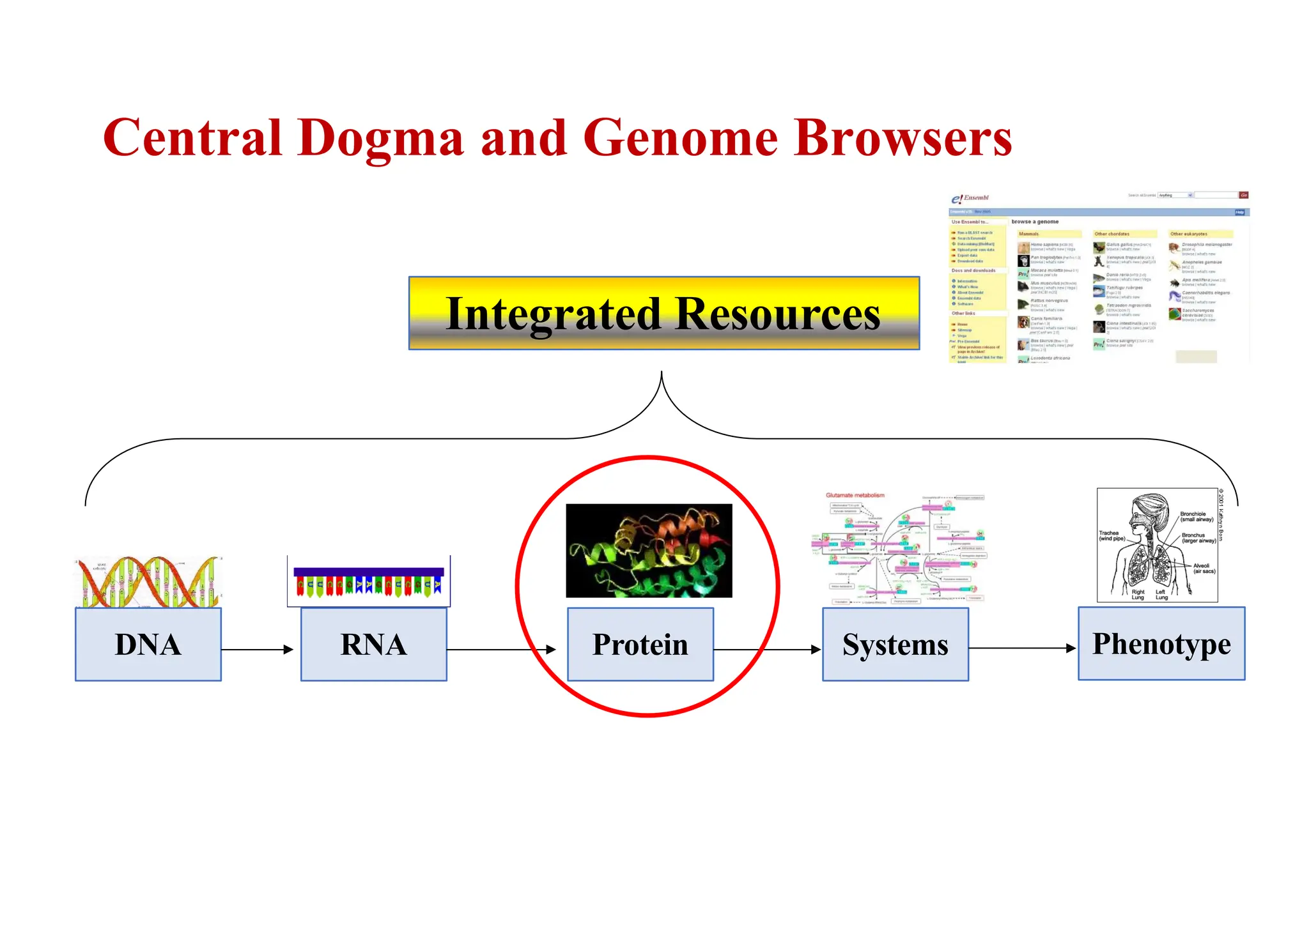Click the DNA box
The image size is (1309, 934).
(148, 644)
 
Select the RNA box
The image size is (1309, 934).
(373, 644)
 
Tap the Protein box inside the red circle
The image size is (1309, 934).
(640, 644)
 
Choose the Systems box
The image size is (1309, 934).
(895, 644)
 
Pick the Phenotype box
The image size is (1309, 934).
(1161, 643)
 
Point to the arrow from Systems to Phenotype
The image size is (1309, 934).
(1023, 648)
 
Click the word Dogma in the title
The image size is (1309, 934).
(380, 138)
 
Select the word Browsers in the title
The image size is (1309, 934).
(902, 138)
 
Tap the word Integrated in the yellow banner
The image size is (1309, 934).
(553, 314)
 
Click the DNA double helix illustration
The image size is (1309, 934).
(148, 581)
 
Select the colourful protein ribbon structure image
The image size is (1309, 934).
(649, 551)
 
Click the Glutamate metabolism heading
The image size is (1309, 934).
(855, 495)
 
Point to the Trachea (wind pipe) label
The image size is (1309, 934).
(1111, 535)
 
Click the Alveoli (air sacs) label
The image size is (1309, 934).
(1204, 568)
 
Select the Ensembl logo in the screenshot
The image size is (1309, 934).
(970, 198)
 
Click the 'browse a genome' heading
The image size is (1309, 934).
(1035, 222)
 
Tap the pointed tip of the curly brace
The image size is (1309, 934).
(662, 373)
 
